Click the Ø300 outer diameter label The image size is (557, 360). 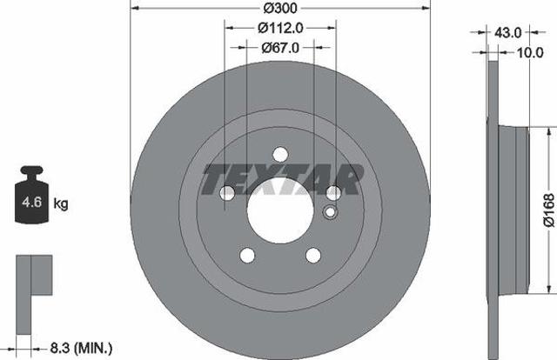(x=280, y=8)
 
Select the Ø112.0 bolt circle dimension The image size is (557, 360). (x=280, y=28)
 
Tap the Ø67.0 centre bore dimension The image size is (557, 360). (x=280, y=48)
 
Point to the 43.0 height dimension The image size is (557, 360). (x=508, y=33)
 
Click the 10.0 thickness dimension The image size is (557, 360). (x=530, y=52)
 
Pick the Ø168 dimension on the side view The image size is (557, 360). (x=549, y=210)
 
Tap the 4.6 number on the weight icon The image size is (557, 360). (x=32, y=202)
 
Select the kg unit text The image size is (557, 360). (x=61, y=203)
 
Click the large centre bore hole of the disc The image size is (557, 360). (x=280, y=210)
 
